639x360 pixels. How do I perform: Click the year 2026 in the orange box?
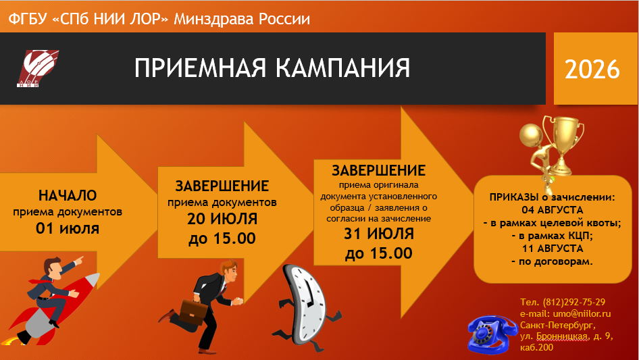click(x=592, y=69)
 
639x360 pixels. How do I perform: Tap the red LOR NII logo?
click(x=38, y=68)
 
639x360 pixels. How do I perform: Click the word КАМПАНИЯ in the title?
click(x=342, y=68)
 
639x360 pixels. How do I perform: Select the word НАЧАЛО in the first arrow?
click(x=68, y=195)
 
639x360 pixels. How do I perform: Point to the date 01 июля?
click(x=68, y=228)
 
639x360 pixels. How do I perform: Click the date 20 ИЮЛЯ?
click(x=222, y=219)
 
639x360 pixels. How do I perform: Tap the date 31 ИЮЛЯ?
click(x=379, y=234)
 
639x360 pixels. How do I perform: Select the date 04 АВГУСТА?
click(x=552, y=210)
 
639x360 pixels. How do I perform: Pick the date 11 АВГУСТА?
click(x=552, y=249)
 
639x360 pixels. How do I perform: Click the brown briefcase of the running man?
click(x=192, y=312)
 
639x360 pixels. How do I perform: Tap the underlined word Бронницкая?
click(x=562, y=336)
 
